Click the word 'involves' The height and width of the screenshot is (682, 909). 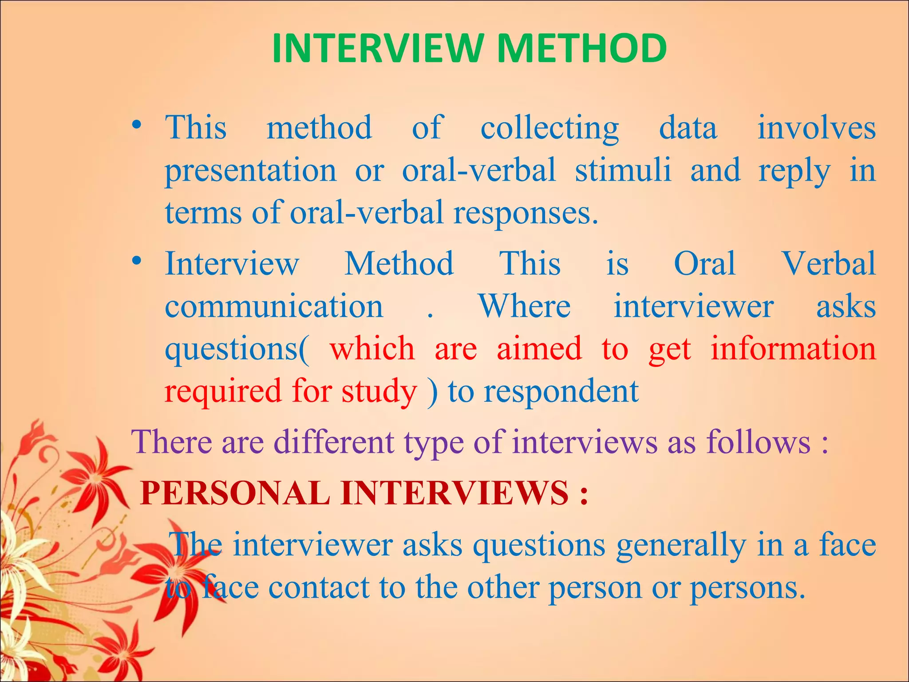coord(816,128)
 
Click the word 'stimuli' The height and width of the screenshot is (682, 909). coord(623,170)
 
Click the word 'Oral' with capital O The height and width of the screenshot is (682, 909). coord(704,264)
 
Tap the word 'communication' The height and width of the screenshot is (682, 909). coord(274,307)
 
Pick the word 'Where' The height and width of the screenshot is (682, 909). coord(524,307)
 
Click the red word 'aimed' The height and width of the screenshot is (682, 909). coord(539,349)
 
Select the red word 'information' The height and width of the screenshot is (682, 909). coord(793,349)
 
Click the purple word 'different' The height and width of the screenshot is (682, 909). coord(333,442)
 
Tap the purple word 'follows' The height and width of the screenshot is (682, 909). coord(758,442)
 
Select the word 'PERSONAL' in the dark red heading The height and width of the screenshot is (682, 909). coord(235,493)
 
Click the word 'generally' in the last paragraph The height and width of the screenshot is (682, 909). coord(681,545)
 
